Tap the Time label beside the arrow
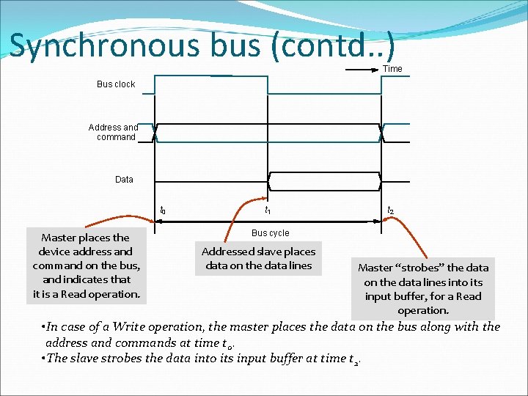point(392,69)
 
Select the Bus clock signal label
point(116,84)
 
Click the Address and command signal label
point(114,132)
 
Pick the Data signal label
point(124,180)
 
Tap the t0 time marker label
point(163,210)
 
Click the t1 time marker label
point(268,210)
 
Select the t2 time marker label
point(391,210)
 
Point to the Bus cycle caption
point(270,233)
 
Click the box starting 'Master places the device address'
point(86,265)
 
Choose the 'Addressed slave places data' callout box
point(258,258)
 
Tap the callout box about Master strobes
point(422,288)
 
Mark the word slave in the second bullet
point(87,358)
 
